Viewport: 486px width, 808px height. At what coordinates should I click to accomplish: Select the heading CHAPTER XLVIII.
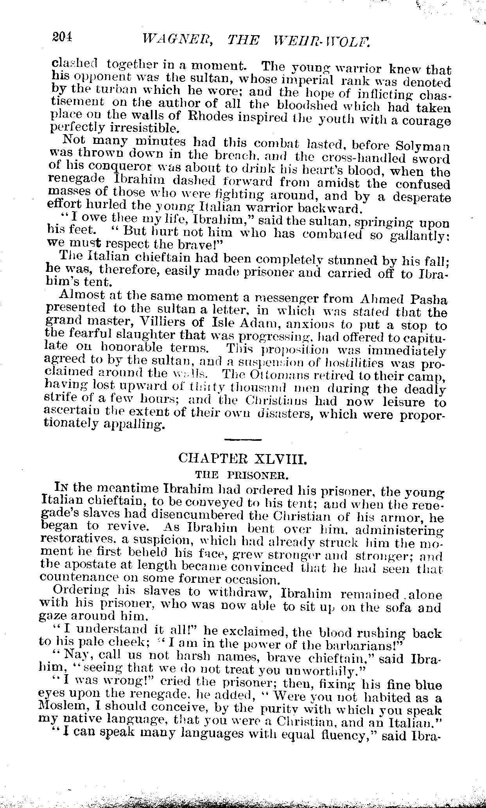coord(243,458)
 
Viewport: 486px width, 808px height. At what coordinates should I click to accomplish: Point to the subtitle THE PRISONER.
coord(242,476)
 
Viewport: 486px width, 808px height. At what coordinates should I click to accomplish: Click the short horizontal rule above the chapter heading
coord(242,440)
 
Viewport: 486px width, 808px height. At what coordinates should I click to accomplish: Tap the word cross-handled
coord(367,159)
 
